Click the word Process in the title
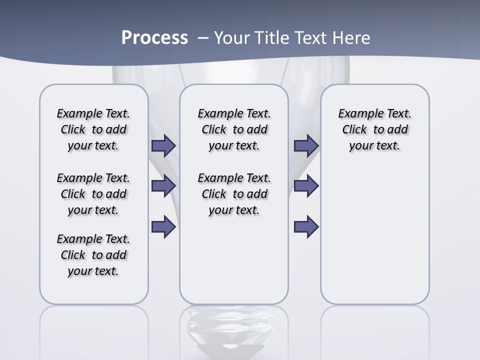pyautogui.click(x=154, y=38)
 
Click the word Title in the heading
pyautogui.click(x=273, y=38)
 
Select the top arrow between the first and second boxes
pyautogui.click(x=163, y=146)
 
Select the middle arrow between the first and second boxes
pyautogui.click(x=163, y=186)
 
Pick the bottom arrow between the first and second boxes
pyautogui.click(x=163, y=226)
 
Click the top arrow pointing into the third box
pyautogui.click(x=306, y=146)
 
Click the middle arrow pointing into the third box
pyautogui.click(x=306, y=186)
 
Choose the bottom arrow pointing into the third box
pyautogui.click(x=306, y=226)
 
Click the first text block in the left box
pyautogui.click(x=93, y=129)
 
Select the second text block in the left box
pyautogui.click(x=93, y=194)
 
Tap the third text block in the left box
pyautogui.click(x=93, y=255)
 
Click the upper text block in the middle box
pyautogui.click(x=234, y=129)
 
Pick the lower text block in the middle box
pyautogui.click(x=234, y=194)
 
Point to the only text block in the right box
pyautogui.click(x=374, y=129)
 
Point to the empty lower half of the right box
pyautogui.click(x=374, y=240)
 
